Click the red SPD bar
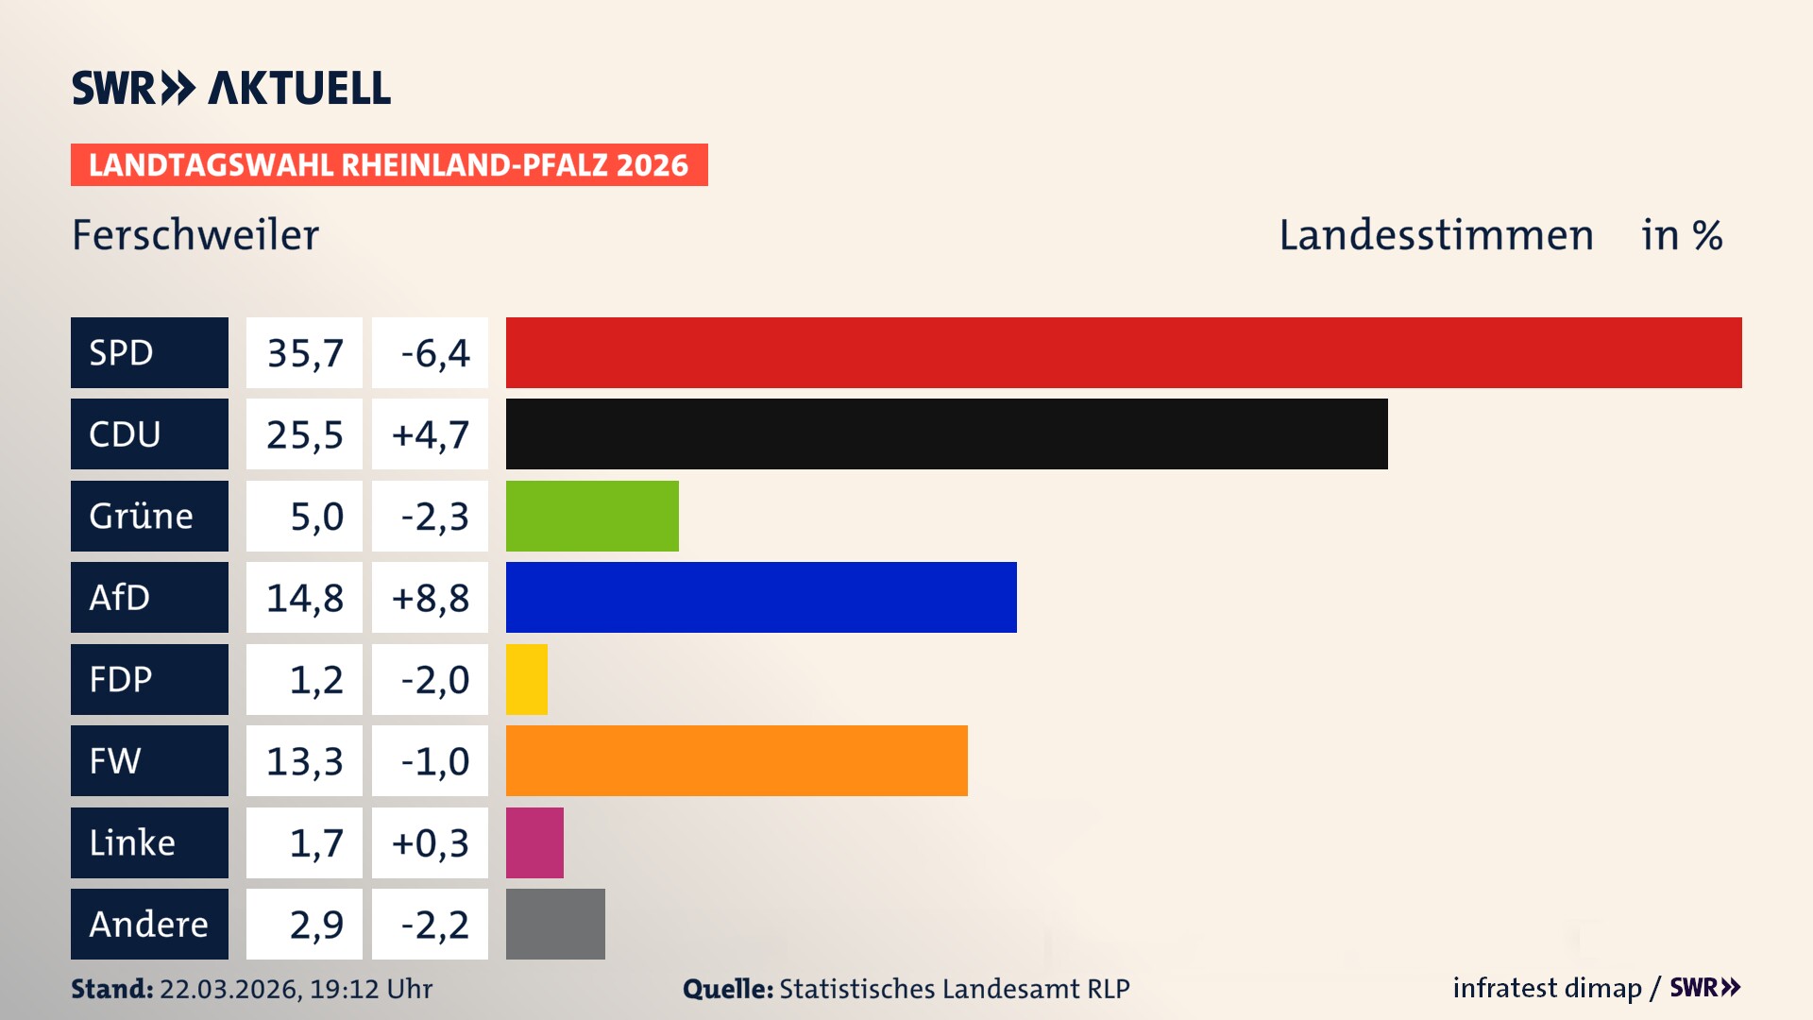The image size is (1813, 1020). [x=1124, y=352]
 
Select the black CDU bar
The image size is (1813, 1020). [x=946, y=433]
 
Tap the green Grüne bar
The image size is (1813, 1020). [x=592, y=516]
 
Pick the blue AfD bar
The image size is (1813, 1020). [x=761, y=597]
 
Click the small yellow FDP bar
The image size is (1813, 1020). [x=527, y=679]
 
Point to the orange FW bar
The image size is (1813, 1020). [x=737, y=760]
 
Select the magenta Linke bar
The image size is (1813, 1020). [x=534, y=842]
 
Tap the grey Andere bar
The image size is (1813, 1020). [x=555, y=924]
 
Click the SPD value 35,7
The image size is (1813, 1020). [x=304, y=353]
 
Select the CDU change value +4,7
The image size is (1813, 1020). [x=430, y=434]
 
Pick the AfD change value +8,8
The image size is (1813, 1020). [x=430, y=598]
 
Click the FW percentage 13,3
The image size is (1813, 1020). [x=304, y=761]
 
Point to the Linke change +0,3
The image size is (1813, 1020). [x=430, y=842]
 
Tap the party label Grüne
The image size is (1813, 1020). [x=142, y=517]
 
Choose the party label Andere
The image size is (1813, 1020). [x=148, y=925]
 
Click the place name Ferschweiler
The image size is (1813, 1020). [x=195, y=235]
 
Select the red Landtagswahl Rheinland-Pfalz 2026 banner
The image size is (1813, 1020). [x=389, y=165]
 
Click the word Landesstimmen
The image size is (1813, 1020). [x=1435, y=235]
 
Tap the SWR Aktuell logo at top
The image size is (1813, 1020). [x=231, y=88]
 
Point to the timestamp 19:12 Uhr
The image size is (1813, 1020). [x=370, y=989]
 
